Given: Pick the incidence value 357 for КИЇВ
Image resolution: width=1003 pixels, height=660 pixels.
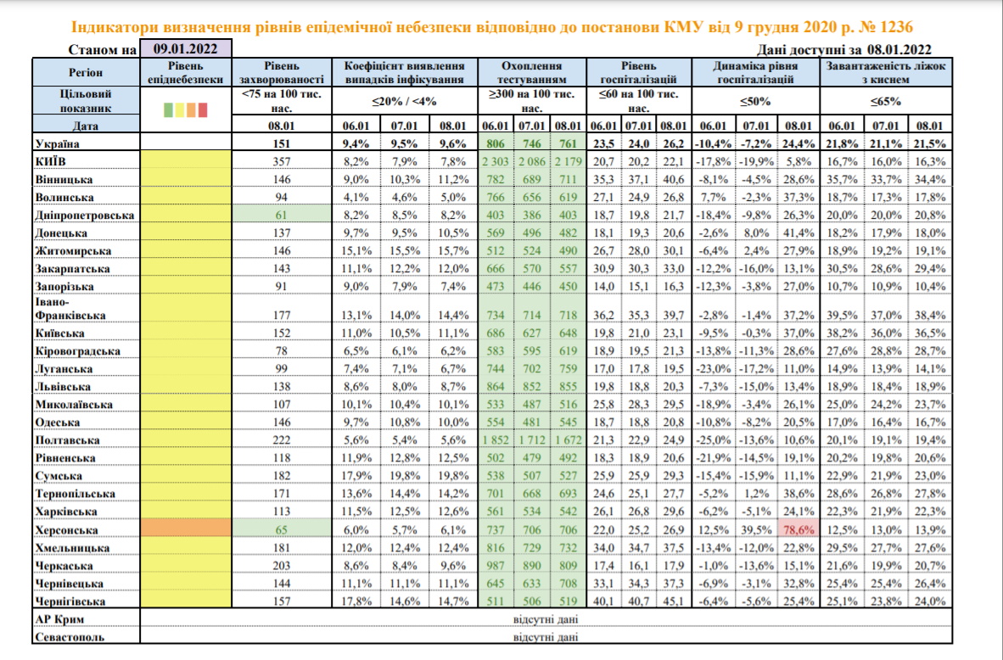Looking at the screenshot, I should coord(283,161).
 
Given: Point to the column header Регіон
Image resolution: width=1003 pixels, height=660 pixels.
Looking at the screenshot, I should coord(85,72).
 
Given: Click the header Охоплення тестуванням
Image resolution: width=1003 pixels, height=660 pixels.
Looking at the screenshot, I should coord(533,72).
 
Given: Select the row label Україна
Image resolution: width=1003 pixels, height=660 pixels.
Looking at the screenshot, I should coord(60,143).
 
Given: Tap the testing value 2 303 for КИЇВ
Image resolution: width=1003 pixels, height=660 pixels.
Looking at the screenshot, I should coord(496,161).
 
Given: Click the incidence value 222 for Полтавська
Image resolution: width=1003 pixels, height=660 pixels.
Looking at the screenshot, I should coord(283,440).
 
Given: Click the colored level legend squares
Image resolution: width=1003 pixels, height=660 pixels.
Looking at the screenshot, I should coord(185,109).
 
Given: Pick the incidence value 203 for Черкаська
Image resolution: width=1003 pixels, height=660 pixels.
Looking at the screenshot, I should coord(283,566).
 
